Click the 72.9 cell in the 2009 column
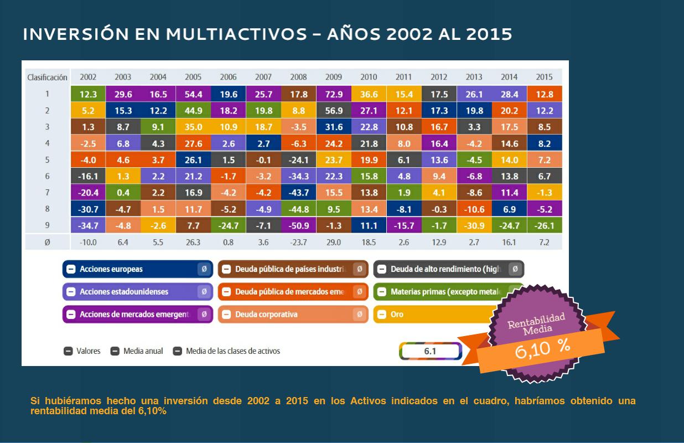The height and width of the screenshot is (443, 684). coord(333,94)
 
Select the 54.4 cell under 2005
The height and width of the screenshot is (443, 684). coord(193,94)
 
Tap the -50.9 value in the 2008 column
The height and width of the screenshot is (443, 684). coord(298,226)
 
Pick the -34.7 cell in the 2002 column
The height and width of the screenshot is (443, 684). coord(88,226)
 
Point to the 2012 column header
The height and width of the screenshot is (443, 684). coord(439,77)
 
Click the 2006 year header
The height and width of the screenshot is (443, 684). coord(228,77)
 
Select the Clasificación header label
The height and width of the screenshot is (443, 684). coord(48,77)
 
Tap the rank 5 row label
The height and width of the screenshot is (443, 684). coord(48,160)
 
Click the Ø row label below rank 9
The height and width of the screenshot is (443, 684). coord(48,243)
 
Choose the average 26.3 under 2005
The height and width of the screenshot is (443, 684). coord(193,243)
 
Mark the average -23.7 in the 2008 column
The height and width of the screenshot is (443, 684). coord(298,243)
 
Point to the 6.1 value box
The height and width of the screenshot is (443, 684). coord(430,351)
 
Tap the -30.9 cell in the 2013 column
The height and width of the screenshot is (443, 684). coord(474,226)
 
